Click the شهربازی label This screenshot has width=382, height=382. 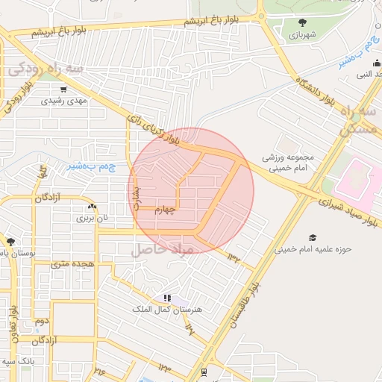coord(304,34)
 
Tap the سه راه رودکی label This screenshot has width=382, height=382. coord(46,69)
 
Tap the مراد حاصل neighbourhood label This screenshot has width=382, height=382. coord(163,249)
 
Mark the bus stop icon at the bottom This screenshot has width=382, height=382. coord(204,372)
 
